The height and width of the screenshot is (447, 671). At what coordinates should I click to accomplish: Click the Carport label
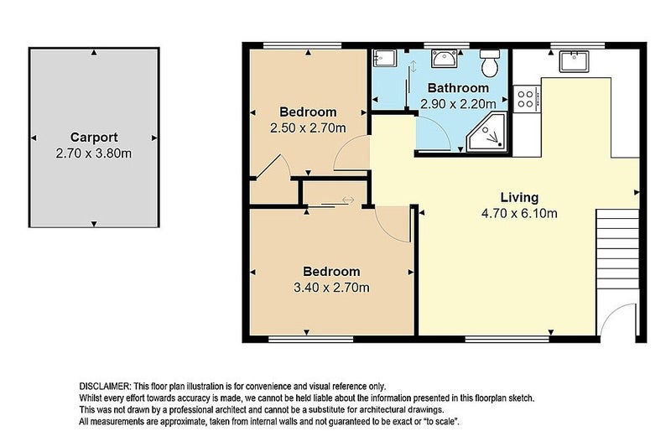94,138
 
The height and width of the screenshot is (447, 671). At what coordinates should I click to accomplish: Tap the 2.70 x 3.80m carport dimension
94,153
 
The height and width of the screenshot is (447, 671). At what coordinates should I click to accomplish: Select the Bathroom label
458,88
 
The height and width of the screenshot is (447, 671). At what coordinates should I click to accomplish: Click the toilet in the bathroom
490,62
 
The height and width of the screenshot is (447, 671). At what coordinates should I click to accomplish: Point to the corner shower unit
487,133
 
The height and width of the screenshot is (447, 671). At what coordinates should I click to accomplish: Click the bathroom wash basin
445,58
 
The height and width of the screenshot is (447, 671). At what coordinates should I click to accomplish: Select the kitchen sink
574,61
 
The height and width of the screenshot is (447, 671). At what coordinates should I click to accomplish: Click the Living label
519,198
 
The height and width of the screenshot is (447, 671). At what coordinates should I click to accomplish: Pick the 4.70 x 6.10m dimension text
519,213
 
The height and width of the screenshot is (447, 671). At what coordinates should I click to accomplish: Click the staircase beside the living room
617,249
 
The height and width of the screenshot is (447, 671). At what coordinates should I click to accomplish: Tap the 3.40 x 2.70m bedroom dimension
331,288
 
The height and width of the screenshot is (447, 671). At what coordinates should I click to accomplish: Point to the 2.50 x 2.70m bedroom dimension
308,127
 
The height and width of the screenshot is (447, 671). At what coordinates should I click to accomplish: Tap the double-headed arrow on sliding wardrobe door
348,200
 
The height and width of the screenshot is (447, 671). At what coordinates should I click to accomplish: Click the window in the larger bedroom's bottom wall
310,339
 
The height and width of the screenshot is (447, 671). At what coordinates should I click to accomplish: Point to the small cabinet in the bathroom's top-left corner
385,58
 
